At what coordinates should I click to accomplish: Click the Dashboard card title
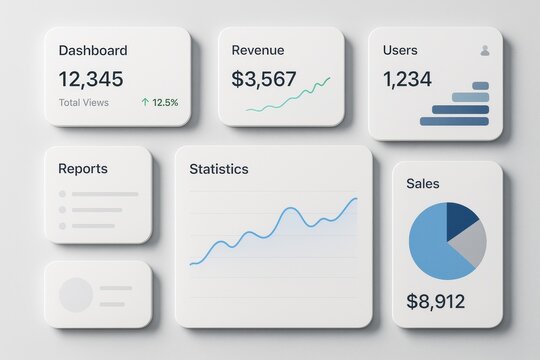click(93, 50)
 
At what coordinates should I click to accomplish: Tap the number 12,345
click(91, 78)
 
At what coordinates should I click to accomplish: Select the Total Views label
click(84, 102)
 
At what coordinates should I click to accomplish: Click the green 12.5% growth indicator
click(160, 102)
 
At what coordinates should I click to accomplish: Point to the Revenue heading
click(257, 50)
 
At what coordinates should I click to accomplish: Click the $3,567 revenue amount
click(263, 78)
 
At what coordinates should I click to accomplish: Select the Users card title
click(400, 50)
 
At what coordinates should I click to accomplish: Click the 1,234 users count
click(408, 78)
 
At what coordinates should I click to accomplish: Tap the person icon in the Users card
click(485, 50)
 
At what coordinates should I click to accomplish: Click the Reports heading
click(83, 169)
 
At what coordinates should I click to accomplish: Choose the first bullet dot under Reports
click(62, 194)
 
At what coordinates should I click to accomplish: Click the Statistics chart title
click(219, 169)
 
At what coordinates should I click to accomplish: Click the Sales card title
click(423, 184)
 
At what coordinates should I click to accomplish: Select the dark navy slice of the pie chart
click(460, 217)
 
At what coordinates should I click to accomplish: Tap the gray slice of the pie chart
click(470, 242)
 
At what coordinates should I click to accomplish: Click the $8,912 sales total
click(436, 301)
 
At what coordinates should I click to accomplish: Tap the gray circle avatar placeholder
click(76, 295)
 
